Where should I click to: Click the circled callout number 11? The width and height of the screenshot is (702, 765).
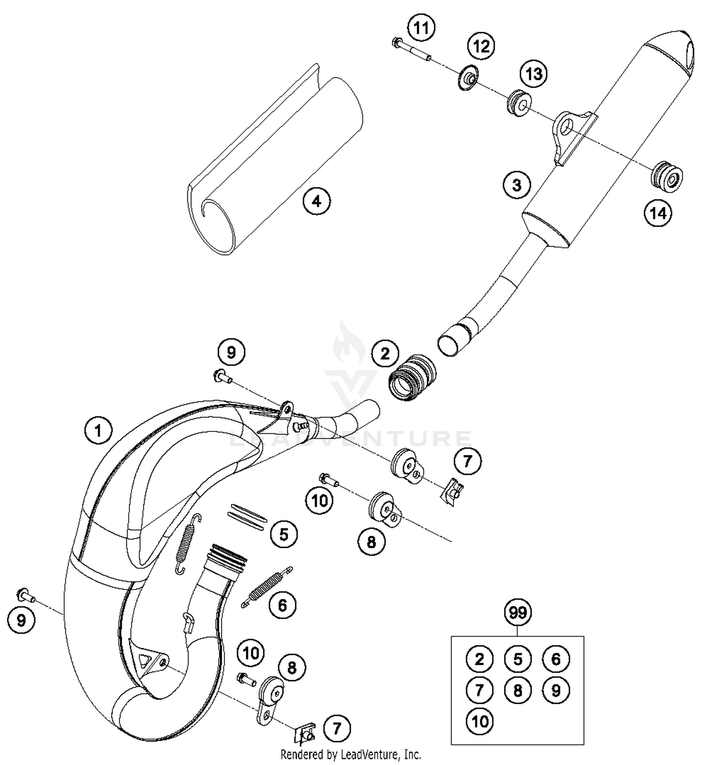[421, 29]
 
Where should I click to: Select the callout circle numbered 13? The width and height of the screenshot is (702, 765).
[534, 73]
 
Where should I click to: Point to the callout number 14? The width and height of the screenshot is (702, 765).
[658, 213]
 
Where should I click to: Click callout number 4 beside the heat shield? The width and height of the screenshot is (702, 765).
[317, 201]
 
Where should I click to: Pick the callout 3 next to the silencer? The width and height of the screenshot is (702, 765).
[516, 185]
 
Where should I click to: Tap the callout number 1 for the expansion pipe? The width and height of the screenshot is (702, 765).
[98, 430]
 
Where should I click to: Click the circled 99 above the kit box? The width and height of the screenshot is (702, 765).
[518, 612]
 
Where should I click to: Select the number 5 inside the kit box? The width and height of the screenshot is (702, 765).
[518, 659]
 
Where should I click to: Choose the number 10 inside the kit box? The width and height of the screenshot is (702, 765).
[480, 721]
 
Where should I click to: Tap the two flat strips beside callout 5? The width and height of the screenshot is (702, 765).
[247, 515]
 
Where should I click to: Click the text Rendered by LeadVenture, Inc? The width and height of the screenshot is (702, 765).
[351, 754]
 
